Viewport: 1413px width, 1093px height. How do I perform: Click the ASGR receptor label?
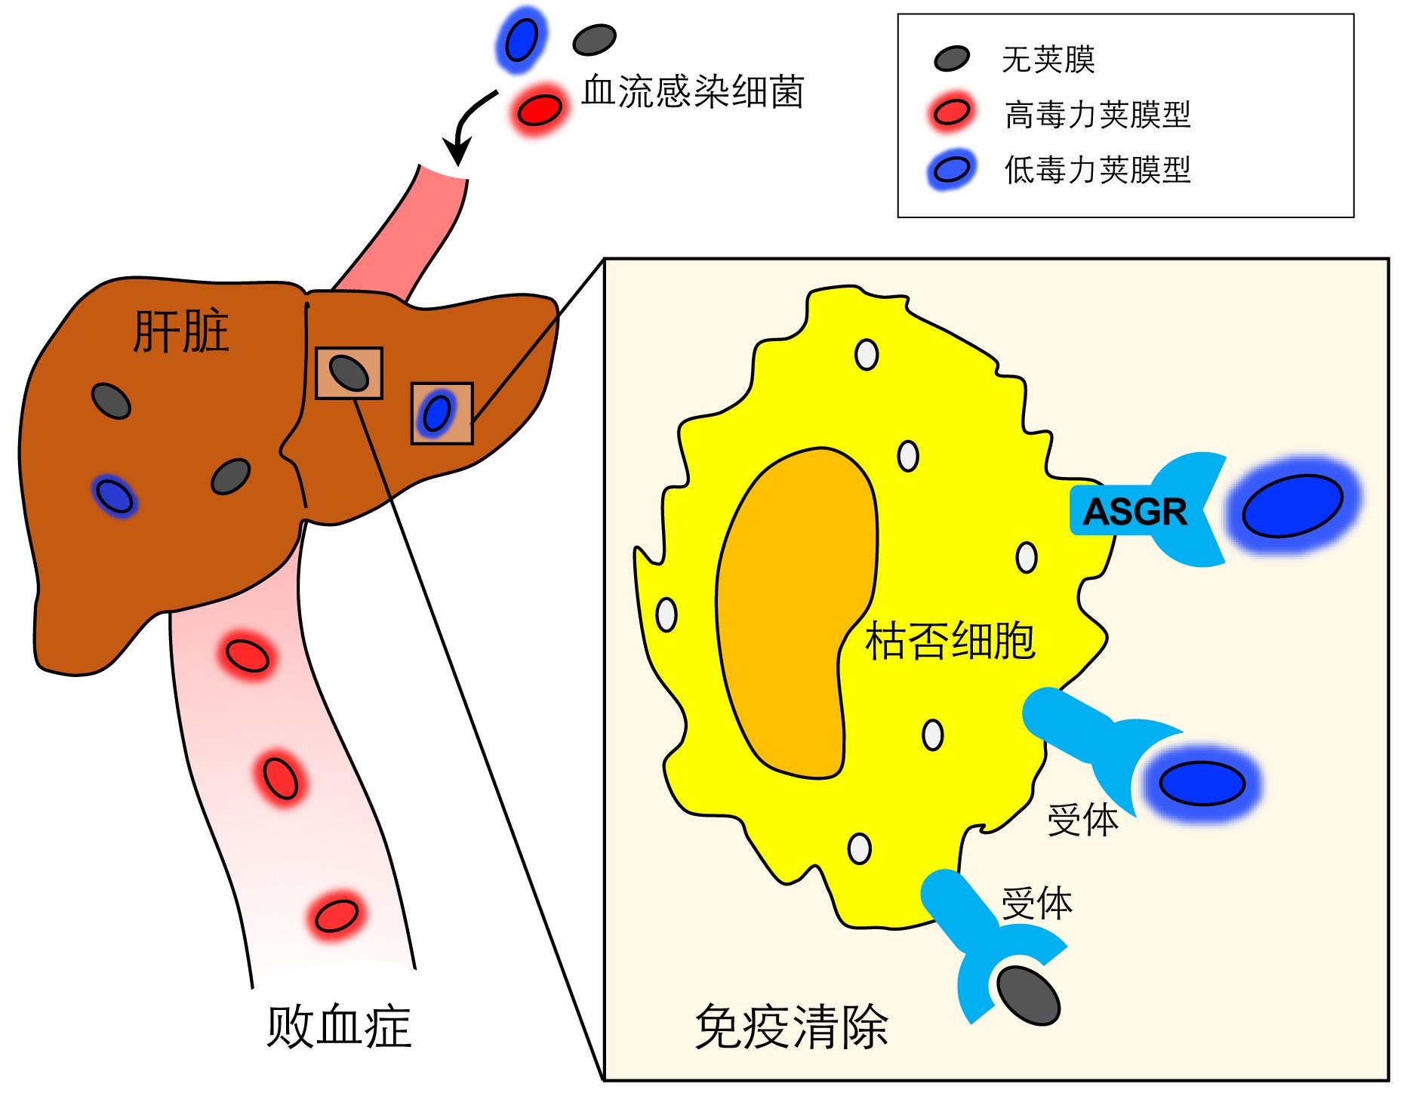pyautogui.click(x=1134, y=513)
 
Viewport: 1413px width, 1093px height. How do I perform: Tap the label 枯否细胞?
pyautogui.click(x=950, y=642)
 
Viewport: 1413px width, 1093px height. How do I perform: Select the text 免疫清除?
pyautogui.click(x=790, y=1027)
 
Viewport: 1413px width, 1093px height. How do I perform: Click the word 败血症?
pyautogui.click(x=339, y=1027)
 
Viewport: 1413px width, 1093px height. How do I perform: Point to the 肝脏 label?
pyautogui.click(x=180, y=332)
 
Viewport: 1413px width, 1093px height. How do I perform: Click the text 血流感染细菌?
pyautogui.click(x=692, y=92)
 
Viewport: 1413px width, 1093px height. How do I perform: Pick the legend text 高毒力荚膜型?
pyautogui.click(x=1097, y=115)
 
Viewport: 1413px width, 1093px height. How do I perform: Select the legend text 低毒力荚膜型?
pyautogui.click(x=1097, y=170)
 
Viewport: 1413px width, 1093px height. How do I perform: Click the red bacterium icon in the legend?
pyautogui.click(x=951, y=113)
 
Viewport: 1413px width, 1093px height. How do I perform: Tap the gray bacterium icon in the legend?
pyautogui.click(x=951, y=58)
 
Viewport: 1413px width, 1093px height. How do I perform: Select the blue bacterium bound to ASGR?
pyautogui.click(x=1292, y=505)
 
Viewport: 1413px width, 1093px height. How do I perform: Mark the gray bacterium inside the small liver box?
pyautogui.click(x=350, y=372)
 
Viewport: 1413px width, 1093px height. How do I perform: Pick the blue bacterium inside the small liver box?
pyautogui.click(x=437, y=412)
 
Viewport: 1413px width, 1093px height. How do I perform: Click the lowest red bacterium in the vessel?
pyautogui.click(x=336, y=916)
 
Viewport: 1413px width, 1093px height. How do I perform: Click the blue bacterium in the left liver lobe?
pyautogui.click(x=115, y=496)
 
